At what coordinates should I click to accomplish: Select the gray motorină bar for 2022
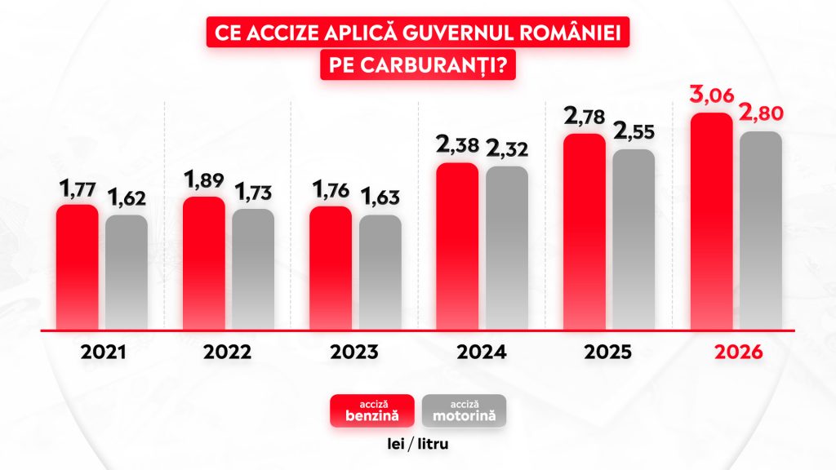point(253,270)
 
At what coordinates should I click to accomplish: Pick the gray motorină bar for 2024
point(507,249)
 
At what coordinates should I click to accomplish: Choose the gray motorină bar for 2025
point(634,240)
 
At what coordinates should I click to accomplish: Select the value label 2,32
point(506,149)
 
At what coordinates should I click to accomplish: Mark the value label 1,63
point(380,198)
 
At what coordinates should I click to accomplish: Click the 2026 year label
point(737,352)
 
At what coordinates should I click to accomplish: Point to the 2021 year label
point(103,352)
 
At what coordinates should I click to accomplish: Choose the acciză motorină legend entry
point(465,411)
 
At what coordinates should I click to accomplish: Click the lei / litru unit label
point(419,445)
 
